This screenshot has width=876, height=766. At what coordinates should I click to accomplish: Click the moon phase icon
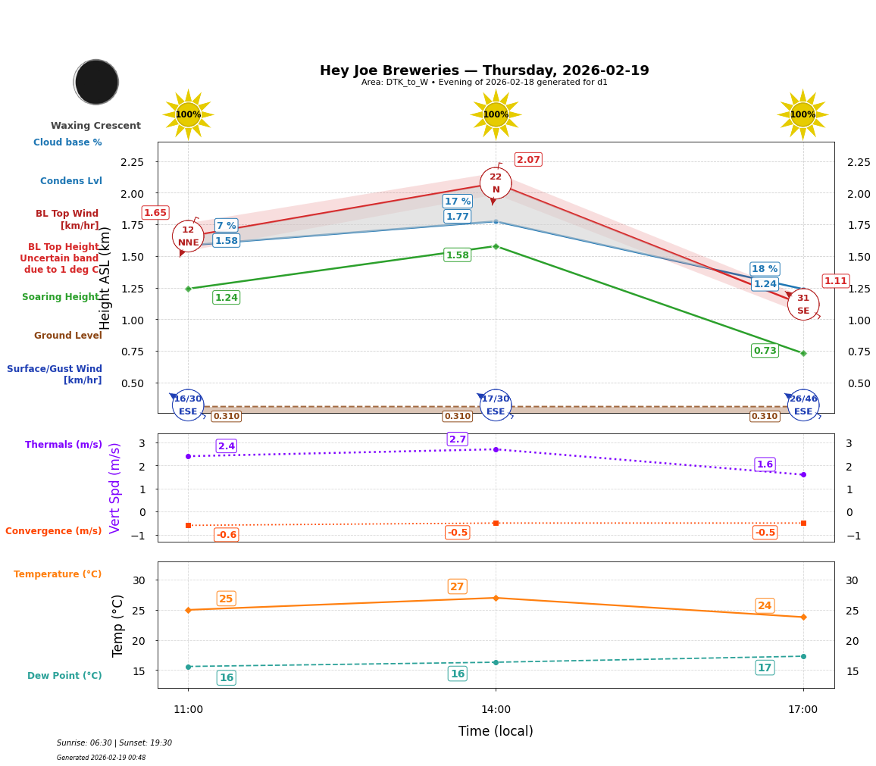coord(96,82)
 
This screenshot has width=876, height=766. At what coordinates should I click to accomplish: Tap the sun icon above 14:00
coord(496,114)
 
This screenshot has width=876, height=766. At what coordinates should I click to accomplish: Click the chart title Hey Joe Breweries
coord(483,70)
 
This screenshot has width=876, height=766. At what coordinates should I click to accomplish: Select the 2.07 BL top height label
coord(528,160)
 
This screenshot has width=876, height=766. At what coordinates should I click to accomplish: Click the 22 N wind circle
coord(496,183)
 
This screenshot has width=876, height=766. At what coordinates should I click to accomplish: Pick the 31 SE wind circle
coord(802,305)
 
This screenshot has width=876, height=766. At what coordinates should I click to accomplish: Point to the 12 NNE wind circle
coord(188,236)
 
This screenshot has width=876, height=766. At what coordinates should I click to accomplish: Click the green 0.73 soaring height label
coord(765,351)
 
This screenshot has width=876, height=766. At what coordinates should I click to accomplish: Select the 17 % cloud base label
coord(457,202)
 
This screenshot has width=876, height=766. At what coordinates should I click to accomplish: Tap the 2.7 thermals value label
coord(457,439)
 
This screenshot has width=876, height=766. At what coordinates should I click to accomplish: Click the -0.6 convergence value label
coord(226,535)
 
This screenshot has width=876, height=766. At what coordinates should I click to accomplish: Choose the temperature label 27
coord(457,586)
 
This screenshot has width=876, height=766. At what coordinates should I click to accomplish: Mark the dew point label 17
coord(765,668)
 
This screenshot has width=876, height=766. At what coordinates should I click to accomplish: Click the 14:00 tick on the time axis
coord(496,710)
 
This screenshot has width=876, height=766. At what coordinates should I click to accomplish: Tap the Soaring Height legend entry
coord(61,297)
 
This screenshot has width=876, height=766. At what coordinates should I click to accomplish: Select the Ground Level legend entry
coord(67,336)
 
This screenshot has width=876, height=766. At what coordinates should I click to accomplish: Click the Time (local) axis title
coord(496,731)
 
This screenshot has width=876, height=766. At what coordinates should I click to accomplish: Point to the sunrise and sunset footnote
coord(114,743)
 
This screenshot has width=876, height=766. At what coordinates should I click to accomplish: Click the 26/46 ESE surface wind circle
coord(802,405)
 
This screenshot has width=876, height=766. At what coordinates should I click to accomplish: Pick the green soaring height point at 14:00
coord(496,246)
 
